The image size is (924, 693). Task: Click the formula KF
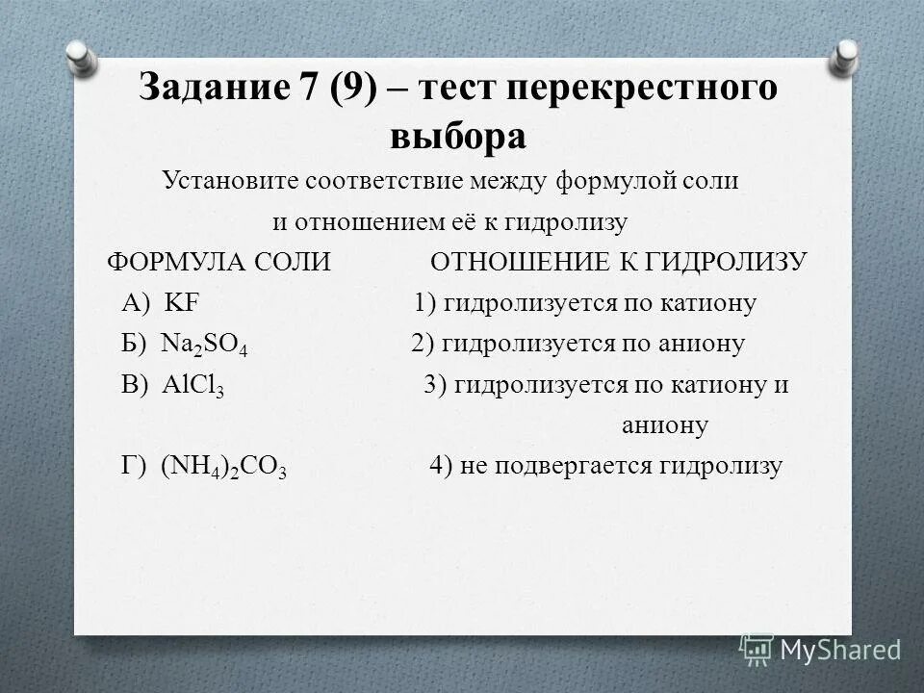click(x=181, y=303)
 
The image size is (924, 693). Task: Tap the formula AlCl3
click(x=193, y=386)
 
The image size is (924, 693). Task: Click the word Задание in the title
click(x=207, y=88)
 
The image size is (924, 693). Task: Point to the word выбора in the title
click(x=458, y=136)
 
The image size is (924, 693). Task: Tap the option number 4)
click(x=441, y=466)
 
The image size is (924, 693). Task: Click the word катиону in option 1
click(x=708, y=303)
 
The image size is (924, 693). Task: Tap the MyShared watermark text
click(x=839, y=650)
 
